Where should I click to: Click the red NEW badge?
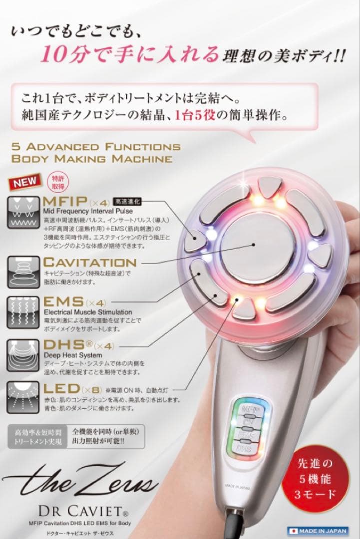click(x=25, y=182)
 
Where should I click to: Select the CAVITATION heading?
click(x=89, y=262)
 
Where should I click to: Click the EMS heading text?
click(x=63, y=301)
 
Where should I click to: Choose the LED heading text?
click(x=62, y=388)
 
